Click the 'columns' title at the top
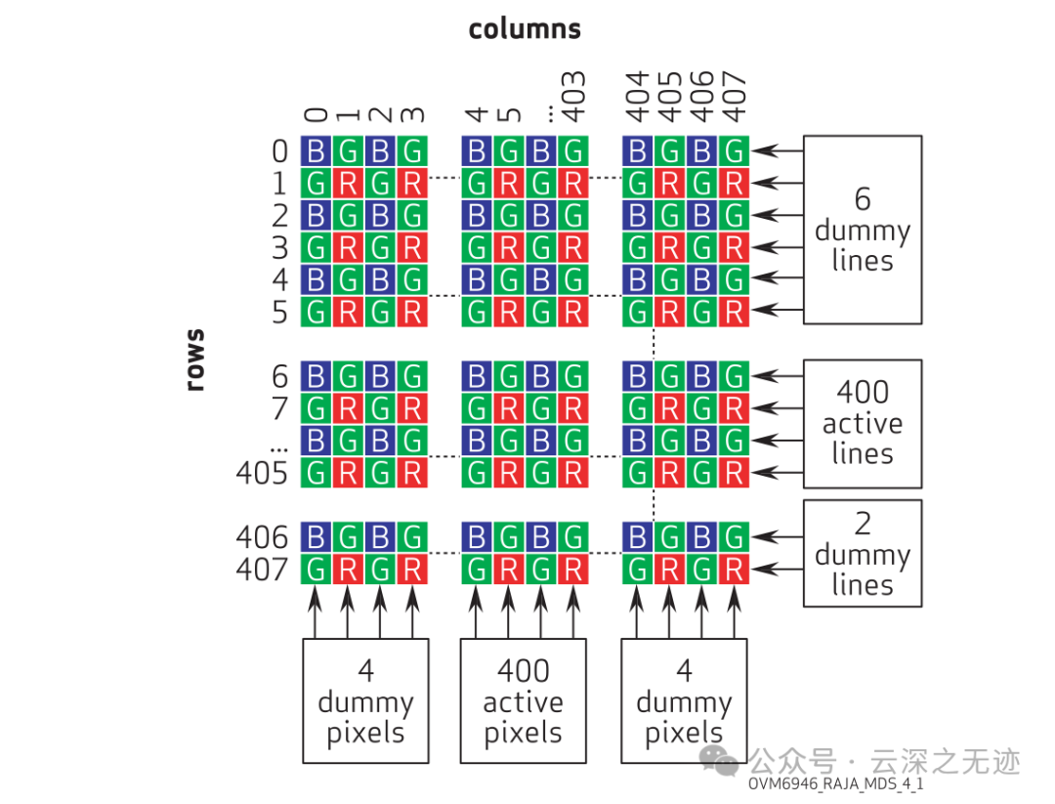[525, 29]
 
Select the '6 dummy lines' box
[862, 230]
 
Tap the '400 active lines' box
[862, 423]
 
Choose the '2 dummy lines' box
[862, 553]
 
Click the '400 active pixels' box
[524, 700]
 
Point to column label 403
[573, 97]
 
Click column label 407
[735, 97]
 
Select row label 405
[262, 474]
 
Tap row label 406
[262, 537]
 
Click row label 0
[279, 151]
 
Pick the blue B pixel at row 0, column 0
[316, 151]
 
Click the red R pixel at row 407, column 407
[734, 569]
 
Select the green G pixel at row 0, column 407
[734, 151]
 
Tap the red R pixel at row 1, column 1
[348, 183]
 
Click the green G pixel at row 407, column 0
[316, 569]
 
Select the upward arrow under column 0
[315, 611]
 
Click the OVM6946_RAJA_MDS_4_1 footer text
[836, 784]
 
